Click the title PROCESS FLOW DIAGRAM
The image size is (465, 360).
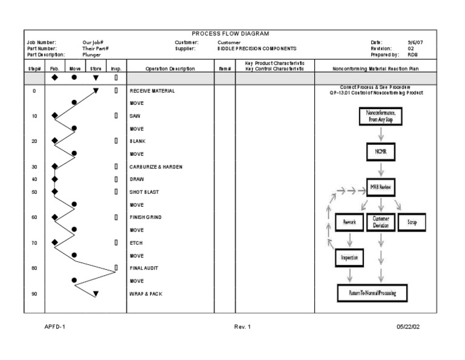(230, 34)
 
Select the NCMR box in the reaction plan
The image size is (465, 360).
(381, 152)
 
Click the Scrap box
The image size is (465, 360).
(412, 222)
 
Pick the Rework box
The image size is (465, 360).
(349, 222)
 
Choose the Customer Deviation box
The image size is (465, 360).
(381, 222)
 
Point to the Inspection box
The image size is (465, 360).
(349, 258)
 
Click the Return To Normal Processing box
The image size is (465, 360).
(372, 293)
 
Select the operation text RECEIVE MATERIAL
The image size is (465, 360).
(152, 91)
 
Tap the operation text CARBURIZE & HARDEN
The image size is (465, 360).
(156, 167)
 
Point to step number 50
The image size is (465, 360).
(34, 192)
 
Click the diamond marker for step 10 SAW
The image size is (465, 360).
(55, 116)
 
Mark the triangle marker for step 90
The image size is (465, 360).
(96, 294)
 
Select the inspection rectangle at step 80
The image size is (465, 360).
(116, 267)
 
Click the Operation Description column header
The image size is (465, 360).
(162, 69)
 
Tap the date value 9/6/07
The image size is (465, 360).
(416, 42)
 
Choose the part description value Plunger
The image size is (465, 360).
(91, 55)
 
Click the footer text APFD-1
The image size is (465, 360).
(54, 327)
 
